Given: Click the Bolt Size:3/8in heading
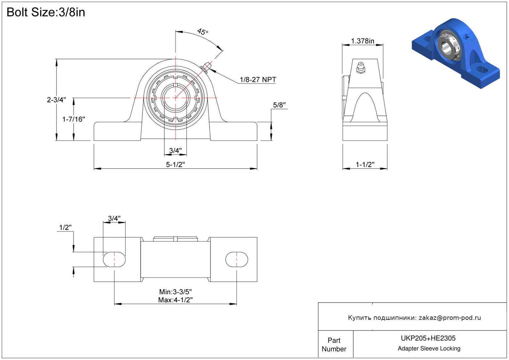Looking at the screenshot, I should tap(46, 12).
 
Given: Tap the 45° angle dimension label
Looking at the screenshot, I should tap(203, 32).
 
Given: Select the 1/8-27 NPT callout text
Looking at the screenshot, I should tap(258, 80).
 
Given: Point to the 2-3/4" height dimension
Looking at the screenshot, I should tap(56, 100).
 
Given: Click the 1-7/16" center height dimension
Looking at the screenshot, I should tap(74, 119).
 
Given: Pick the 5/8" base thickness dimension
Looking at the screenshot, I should tap(279, 105).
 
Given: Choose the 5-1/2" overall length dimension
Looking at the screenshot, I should tap(175, 164).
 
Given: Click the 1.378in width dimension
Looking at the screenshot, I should tap(363, 41).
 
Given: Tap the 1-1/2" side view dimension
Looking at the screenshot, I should tap(365, 164).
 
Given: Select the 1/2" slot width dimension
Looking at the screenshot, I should tap(65, 227).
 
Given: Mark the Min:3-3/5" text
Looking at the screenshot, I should tap(175, 292).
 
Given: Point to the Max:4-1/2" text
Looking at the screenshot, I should tap(175, 300).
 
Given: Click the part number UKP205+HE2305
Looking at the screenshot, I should tap(428, 338).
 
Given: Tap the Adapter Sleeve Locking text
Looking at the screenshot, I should tap(429, 349).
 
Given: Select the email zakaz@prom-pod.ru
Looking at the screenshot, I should tap(450, 318).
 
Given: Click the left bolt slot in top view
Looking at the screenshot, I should tap(114, 260).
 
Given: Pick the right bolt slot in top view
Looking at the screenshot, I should tap(237, 260).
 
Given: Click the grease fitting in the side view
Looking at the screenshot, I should tap(361, 67).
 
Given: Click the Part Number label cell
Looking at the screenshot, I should tap(334, 345).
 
